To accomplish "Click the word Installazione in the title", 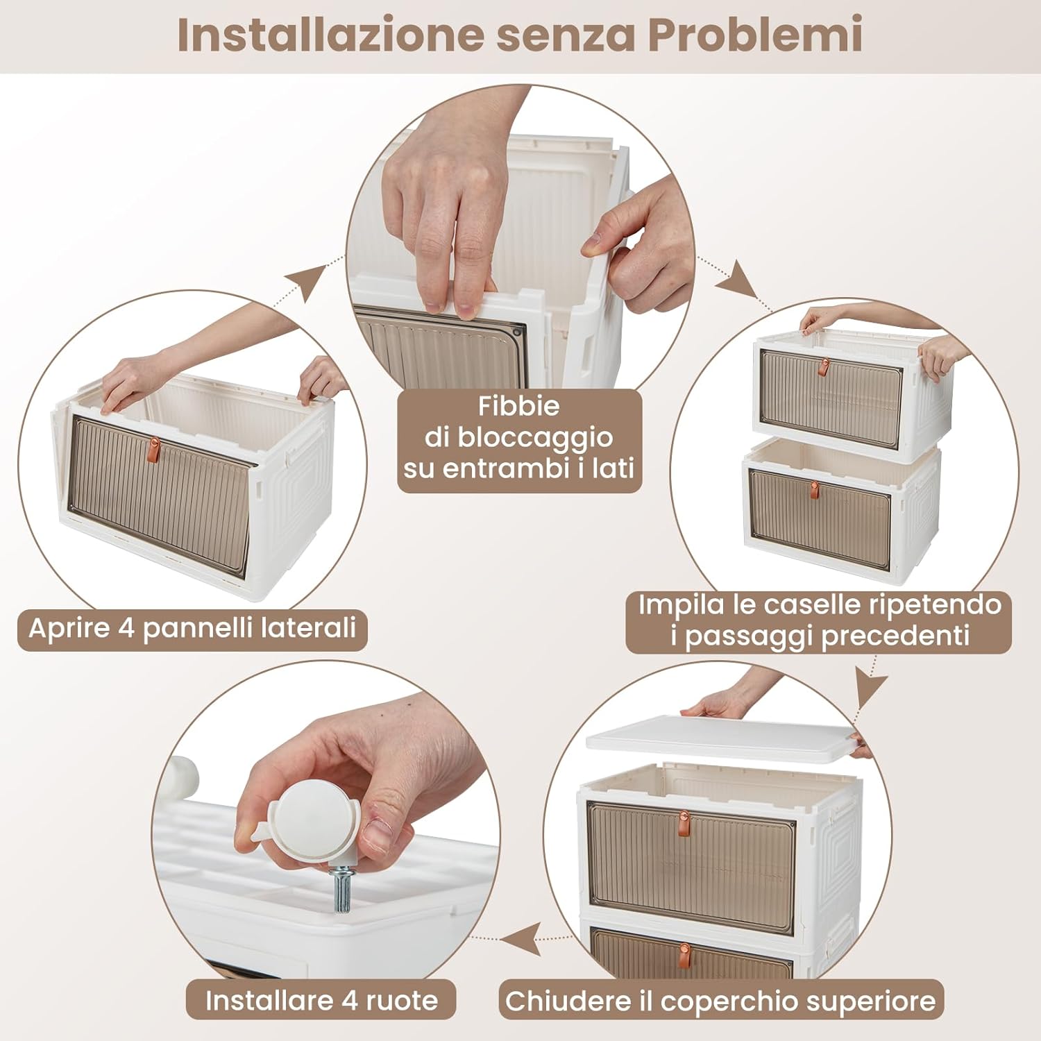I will [330, 35].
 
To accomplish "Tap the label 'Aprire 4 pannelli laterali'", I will [192, 629].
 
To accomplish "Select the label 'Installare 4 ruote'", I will [321, 1001].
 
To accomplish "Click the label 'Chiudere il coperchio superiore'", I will [720, 1001].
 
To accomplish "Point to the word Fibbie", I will [518, 406].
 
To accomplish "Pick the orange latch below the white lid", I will [684, 823].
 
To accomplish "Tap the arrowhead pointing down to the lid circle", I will [870, 687].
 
